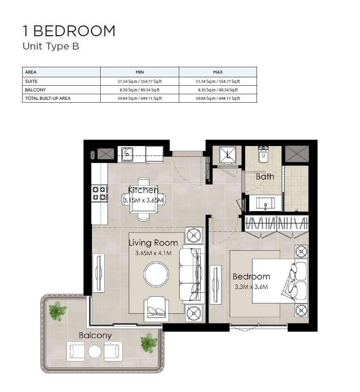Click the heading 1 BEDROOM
tap(69, 31)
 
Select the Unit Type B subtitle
tap(51, 46)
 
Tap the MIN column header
tap(140, 72)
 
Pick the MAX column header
tap(218, 72)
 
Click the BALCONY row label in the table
tap(35, 90)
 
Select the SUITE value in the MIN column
tap(140, 81)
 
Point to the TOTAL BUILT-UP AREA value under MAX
tap(218, 98)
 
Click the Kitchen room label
tap(143, 190)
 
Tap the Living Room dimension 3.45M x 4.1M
tap(153, 253)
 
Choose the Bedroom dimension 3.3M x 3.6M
tap(251, 287)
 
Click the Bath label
tap(265, 176)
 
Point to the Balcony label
tap(95, 335)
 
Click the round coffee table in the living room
tap(156, 274)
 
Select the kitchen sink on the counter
tap(128, 153)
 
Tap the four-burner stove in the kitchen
tap(99, 193)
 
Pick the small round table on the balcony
tap(95, 351)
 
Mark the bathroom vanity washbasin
tap(266, 203)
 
